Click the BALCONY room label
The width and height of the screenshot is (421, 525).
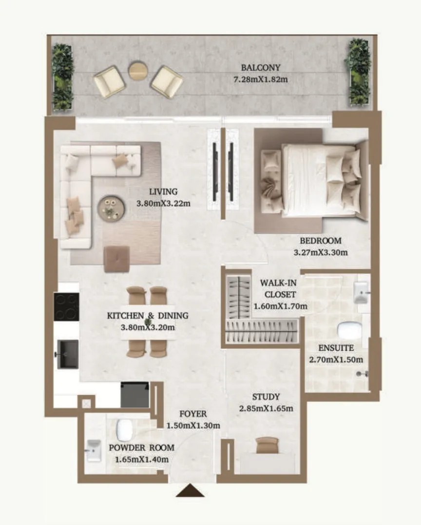coord(261,68)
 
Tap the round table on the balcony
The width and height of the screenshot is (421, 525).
coord(138,70)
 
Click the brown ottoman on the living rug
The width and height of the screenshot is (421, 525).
coord(117,259)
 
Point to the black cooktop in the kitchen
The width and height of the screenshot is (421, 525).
coord(67,307)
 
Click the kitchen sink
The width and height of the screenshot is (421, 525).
coord(68,354)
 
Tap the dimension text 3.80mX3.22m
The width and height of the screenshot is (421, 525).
coord(163,203)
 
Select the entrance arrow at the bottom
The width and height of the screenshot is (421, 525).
coord(190,490)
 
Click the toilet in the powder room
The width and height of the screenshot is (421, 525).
coord(124,429)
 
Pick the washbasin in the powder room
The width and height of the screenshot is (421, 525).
coord(94,451)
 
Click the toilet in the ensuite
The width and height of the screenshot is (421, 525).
coord(349,330)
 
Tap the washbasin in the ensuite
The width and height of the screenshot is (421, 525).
coord(362,293)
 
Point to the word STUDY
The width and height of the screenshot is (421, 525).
coord(266,397)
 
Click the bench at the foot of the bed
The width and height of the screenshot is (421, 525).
coord(271,181)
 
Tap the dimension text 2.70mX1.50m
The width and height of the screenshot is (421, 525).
coord(336,360)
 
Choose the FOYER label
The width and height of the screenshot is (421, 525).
coord(193,414)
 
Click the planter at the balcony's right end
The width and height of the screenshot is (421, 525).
coord(360,73)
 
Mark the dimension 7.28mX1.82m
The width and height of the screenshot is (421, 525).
coord(261,80)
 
